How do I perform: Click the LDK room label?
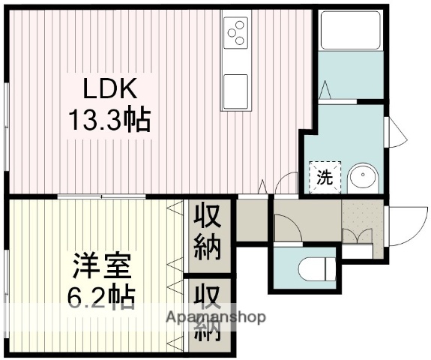pos(110,89)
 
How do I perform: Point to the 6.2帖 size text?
pos(103,298)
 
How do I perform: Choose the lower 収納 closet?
pos(209,311)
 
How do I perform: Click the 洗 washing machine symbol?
pos(325,178)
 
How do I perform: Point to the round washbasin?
pos(364,178)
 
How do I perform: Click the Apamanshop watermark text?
pos(216,317)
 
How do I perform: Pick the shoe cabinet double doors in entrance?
pos(357,237)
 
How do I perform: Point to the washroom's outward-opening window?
pos(395,133)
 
